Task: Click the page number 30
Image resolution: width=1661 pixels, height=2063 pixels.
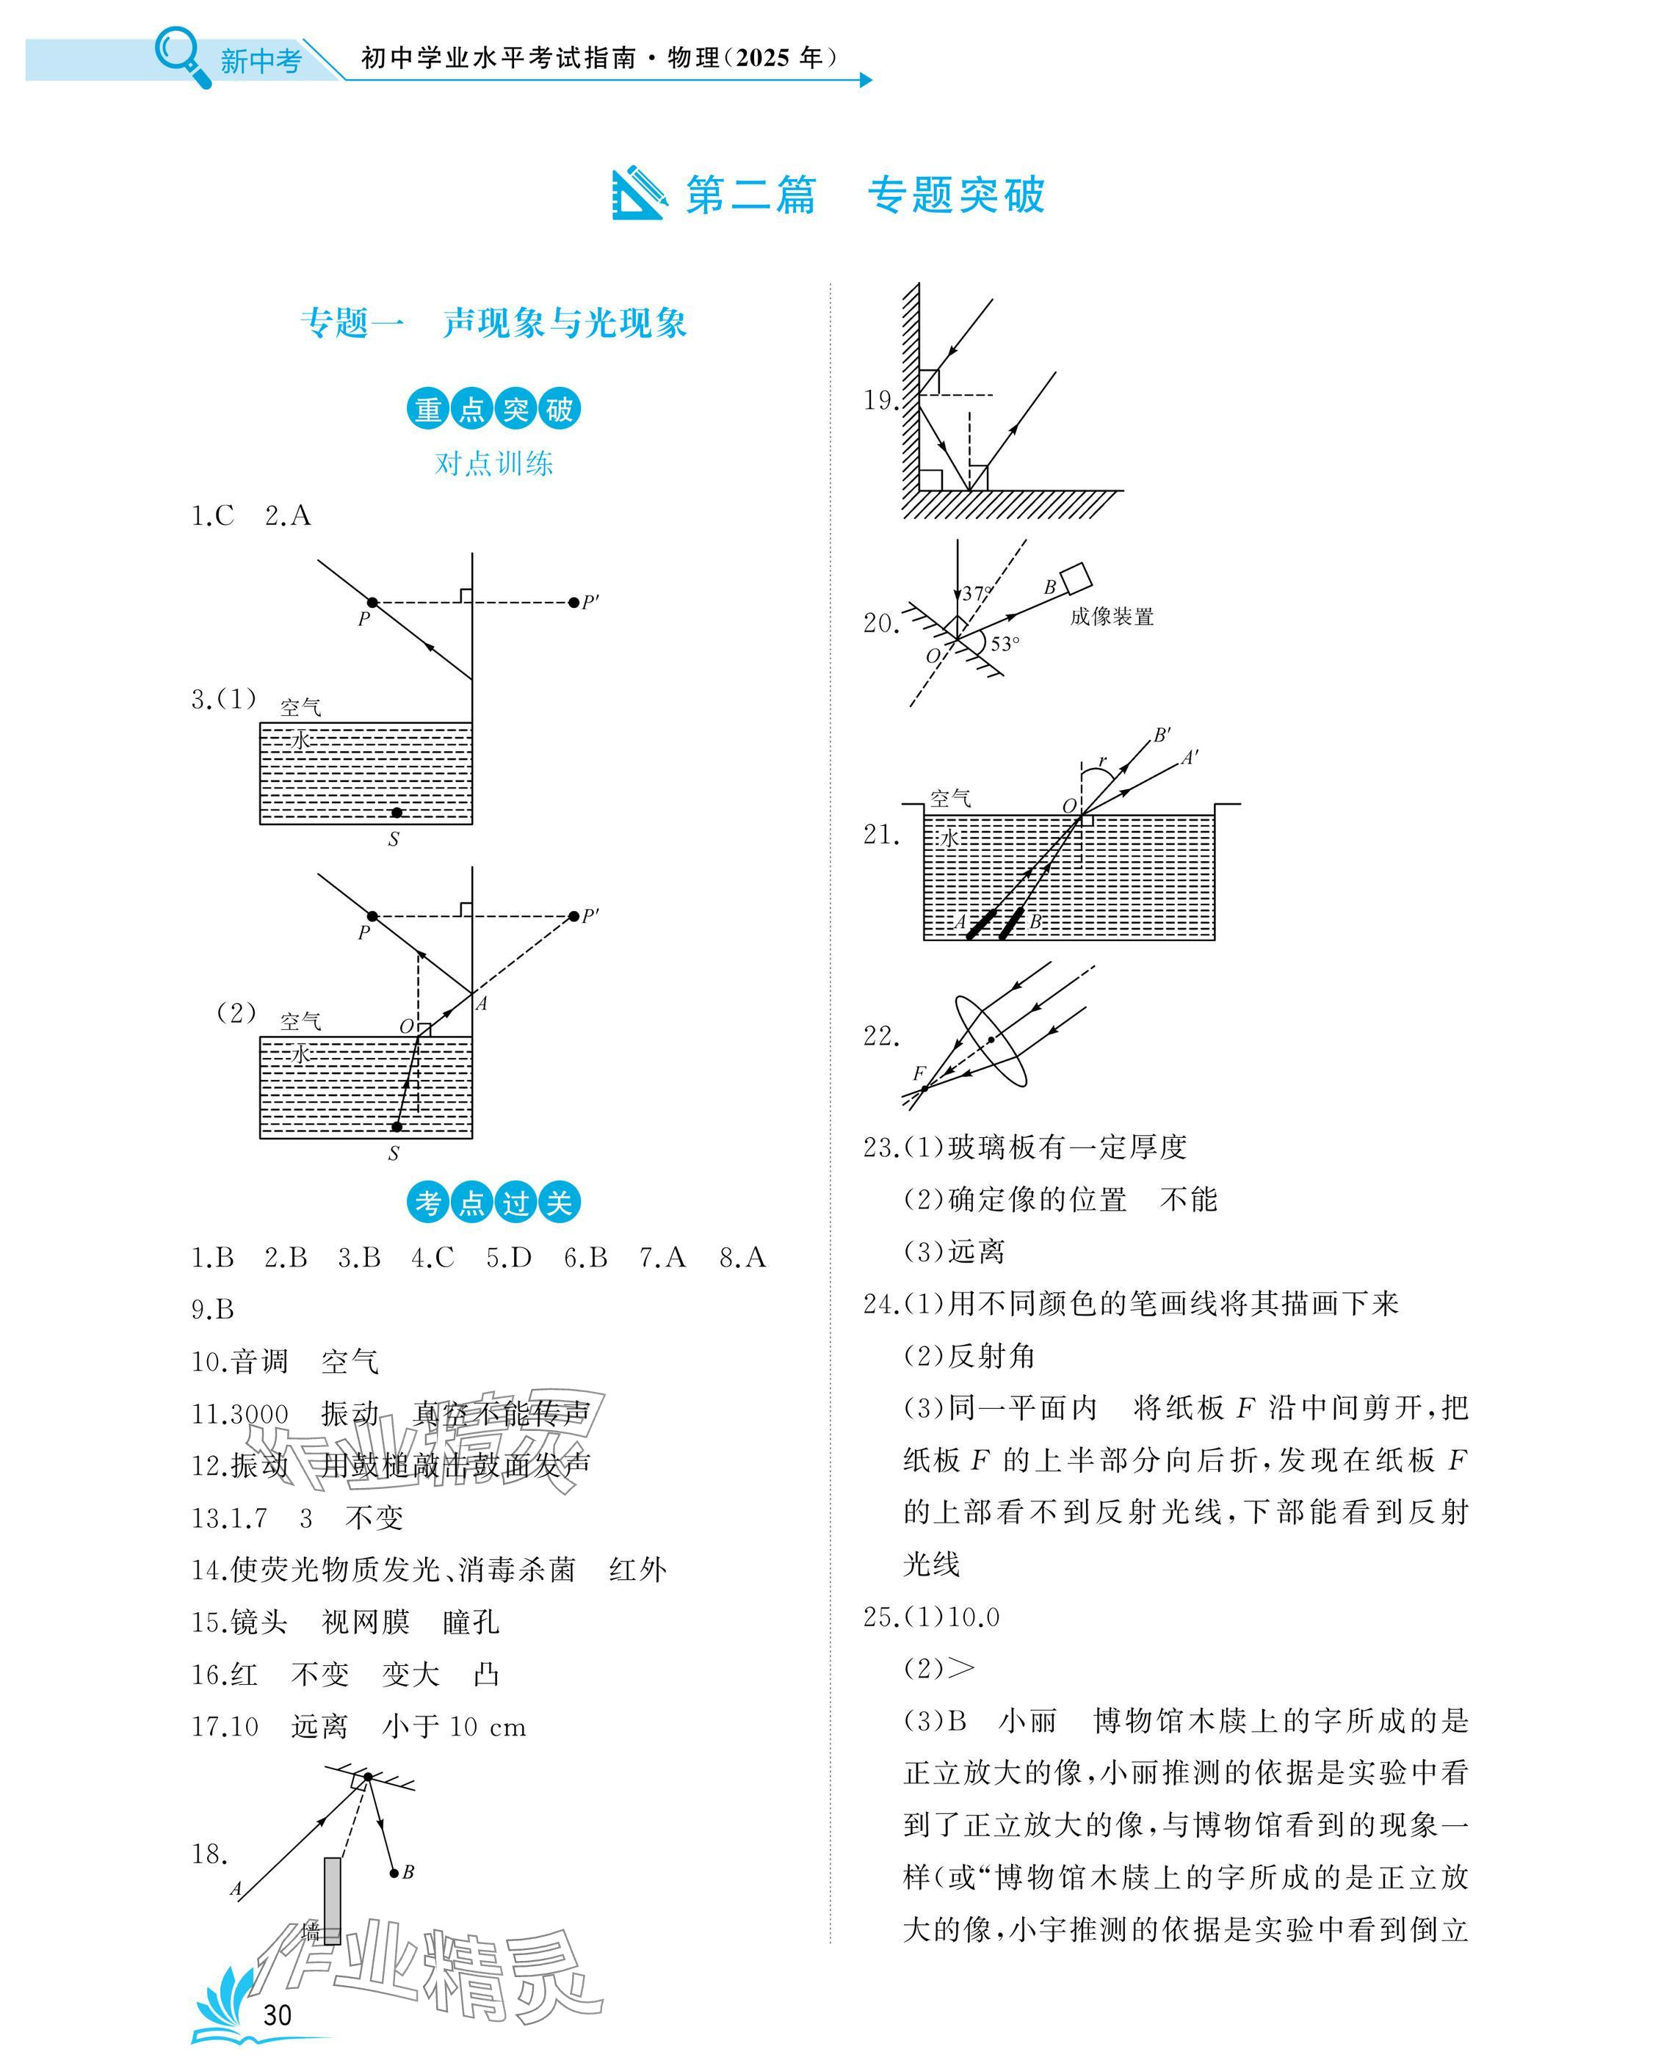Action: click(277, 2015)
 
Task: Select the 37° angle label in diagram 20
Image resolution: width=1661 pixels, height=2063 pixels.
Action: click(976, 593)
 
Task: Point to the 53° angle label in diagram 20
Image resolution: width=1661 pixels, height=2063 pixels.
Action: click(1005, 644)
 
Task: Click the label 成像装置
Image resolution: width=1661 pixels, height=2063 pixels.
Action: click(1111, 617)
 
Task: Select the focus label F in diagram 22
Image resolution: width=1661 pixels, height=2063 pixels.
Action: click(919, 1073)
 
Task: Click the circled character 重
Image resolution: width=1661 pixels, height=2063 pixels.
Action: click(427, 410)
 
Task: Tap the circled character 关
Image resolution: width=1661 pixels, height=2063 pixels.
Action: click(559, 1203)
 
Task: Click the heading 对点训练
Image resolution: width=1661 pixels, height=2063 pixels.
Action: click(493, 464)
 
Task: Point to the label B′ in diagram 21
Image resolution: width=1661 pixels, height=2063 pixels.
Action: click(1162, 735)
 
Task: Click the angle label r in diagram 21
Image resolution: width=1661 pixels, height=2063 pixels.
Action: click(1103, 761)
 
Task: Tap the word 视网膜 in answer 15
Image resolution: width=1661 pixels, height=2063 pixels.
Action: click(366, 1622)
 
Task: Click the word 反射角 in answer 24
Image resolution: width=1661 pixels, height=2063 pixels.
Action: click(991, 1356)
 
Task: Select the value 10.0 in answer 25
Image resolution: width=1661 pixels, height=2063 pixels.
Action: click(973, 1617)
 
